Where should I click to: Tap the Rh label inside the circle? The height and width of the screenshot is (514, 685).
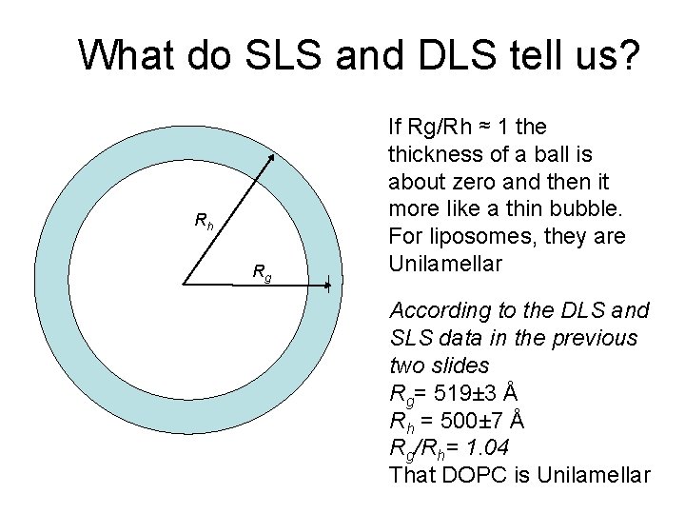click(x=204, y=222)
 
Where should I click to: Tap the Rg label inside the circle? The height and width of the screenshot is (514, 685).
click(x=262, y=273)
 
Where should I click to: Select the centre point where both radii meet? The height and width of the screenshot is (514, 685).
click(x=184, y=284)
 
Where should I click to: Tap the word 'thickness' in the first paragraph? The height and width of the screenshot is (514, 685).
click(x=433, y=153)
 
